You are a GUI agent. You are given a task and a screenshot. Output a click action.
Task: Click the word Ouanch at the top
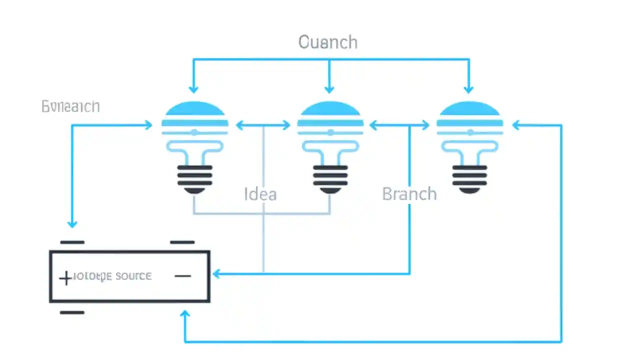[328, 42]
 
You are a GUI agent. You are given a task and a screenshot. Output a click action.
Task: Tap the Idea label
[260, 194]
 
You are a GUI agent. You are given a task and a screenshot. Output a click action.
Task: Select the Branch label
[409, 193]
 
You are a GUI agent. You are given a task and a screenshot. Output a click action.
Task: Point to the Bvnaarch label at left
[70, 106]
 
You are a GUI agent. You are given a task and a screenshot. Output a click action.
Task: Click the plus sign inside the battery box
[65, 278]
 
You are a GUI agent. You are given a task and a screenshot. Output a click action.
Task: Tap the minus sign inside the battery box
[183, 276]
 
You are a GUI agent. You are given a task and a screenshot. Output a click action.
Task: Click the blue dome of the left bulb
[195, 109]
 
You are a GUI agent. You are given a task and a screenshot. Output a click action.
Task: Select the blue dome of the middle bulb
[330, 109]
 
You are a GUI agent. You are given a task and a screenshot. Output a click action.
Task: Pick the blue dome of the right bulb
[469, 109]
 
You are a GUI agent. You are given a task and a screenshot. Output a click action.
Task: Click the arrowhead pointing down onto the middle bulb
[329, 89]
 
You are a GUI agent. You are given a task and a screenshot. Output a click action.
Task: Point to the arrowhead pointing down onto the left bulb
[193, 89]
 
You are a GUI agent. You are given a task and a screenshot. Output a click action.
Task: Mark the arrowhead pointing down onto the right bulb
[468, 89]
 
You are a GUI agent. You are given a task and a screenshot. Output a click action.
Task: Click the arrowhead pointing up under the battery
[185, 315]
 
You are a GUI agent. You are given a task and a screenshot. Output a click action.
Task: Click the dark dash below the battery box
[72, 312]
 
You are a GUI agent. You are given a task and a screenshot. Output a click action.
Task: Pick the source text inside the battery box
[133, 276]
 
